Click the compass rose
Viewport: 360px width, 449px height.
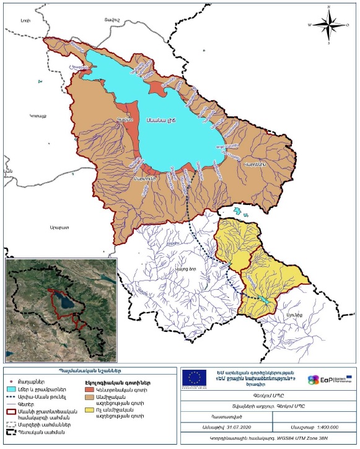pos(329,25)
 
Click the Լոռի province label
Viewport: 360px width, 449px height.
pos(25,21)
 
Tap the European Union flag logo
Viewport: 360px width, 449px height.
pos(197,377)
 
